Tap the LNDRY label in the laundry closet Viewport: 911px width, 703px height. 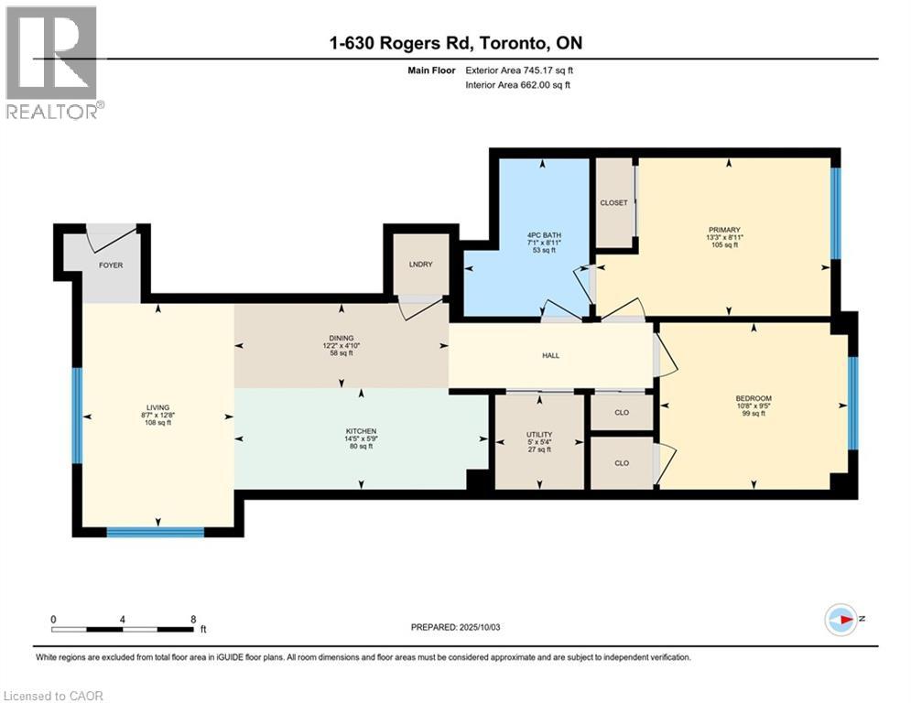pos(420,265)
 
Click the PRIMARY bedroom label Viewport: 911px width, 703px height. pos(729,230)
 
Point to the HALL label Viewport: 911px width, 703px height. pos(550,356)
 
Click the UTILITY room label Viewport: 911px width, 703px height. pos(538,434)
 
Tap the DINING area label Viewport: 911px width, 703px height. pos(341,338)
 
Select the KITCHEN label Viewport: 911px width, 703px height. pos(361,431)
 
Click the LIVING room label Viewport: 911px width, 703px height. pos(157,408)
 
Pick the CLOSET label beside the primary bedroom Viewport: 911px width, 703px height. pos(613,202)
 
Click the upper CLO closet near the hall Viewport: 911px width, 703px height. pos(622,413)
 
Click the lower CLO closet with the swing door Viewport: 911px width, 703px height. pos(622,463)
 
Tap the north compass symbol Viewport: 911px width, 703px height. pos(841,621)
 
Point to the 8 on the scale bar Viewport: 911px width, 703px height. pos(192,619)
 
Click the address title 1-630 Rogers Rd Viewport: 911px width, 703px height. pos(454,43)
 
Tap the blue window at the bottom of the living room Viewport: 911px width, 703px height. pos(155,531)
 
